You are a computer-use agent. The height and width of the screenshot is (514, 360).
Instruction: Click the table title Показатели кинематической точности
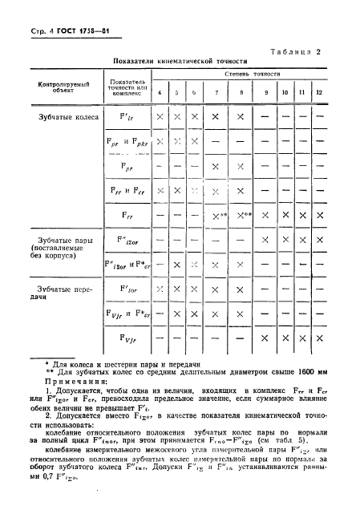[180, 61]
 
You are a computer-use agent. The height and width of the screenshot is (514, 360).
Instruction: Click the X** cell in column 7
[216, 215]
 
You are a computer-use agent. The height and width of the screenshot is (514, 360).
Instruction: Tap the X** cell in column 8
[243, 215]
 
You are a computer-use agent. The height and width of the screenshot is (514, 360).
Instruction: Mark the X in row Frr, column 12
[322, 215]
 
